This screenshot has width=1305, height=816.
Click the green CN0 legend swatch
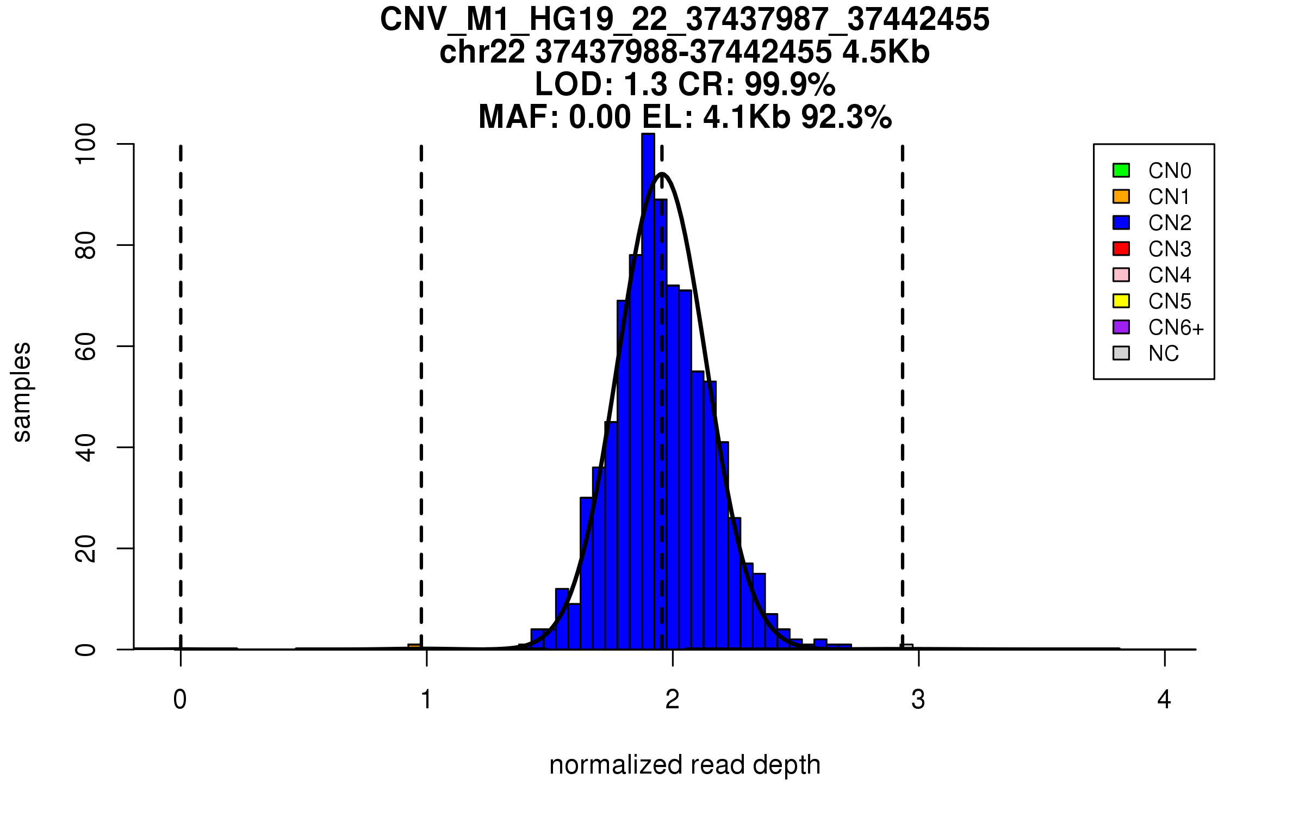[x=1121, y=170]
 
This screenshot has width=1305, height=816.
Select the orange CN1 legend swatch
[x=1121, y=196]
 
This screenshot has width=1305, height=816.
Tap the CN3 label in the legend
[x=1170, y=249]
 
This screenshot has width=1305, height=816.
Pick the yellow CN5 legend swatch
[x=1121, y=301]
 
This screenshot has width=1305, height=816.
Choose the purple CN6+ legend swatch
[x=1121, y=327]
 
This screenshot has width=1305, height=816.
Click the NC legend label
[x=1164, y=354]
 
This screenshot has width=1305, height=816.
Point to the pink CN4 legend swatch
[x=1121, y=275]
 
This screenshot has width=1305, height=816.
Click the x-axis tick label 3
[x=918, y=700]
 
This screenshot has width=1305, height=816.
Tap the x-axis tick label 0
[x=180, y=700]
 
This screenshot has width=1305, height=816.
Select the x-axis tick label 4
[x=1164, y=700]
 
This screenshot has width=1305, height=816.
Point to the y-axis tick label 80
[x=86, y=245]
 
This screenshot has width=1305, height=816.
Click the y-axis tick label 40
[x=86, y=447]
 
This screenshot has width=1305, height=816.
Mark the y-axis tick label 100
[x=86, y=144]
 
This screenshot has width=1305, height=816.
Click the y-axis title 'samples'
[x=22, y=392]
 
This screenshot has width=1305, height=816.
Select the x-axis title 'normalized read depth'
[x=685, y=765]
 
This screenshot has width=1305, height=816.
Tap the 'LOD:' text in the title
[x=574, y=84]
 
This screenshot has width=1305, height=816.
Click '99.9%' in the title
[x=790, y=84]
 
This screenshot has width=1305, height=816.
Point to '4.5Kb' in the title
[x=886, y=52]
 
